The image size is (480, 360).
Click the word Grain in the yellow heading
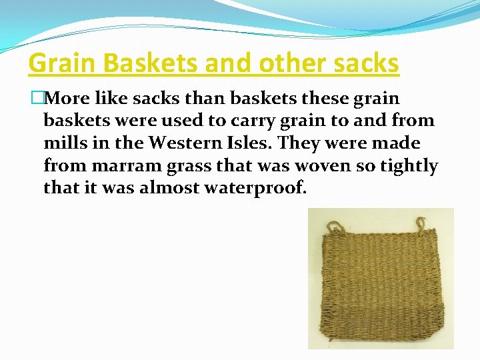56,63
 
